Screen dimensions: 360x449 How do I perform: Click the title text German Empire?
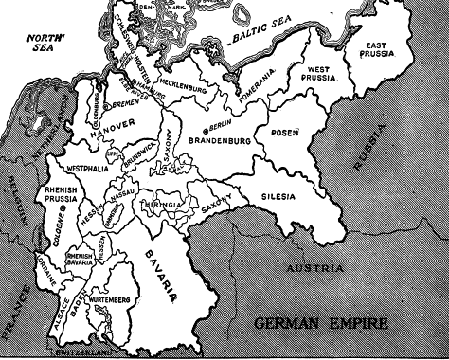[x=322, y=325]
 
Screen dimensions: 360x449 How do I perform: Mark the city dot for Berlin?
[x=206, y=126]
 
